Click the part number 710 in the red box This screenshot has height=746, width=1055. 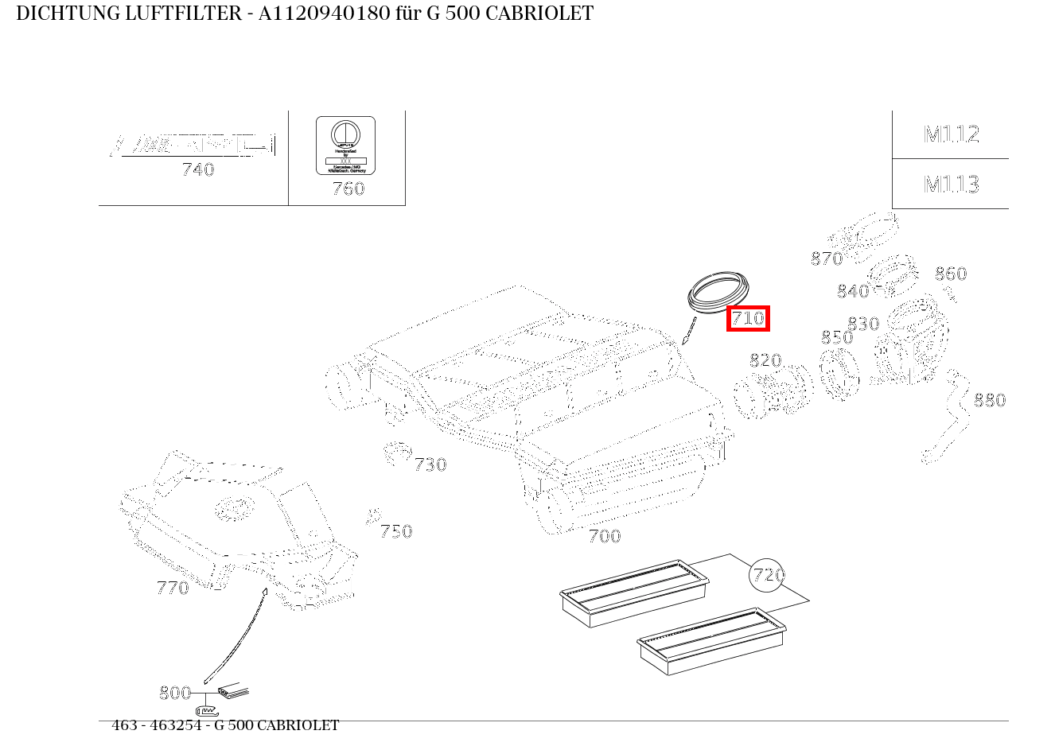tap(748, 319)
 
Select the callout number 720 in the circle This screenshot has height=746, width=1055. tap(768, 574)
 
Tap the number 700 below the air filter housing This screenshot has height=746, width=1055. tap(604, 536)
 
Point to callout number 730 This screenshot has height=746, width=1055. tap(430, 464)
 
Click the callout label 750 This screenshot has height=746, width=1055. tap(395, 531)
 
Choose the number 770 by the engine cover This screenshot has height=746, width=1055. tap(173, 588)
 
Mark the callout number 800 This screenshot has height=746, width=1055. tap(175, 693)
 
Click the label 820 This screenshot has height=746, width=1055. tap(765, 360)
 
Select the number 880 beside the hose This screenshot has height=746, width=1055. tap(990, 400)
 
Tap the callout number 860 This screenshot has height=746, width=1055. tap(950, 274)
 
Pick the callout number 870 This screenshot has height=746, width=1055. tap(826, 258)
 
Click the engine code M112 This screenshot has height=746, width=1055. tap(951, 134)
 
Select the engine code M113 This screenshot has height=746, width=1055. tap(951, 185)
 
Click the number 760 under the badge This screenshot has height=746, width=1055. tap(348, 188)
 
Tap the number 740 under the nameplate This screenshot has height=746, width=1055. tap(198, 169)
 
